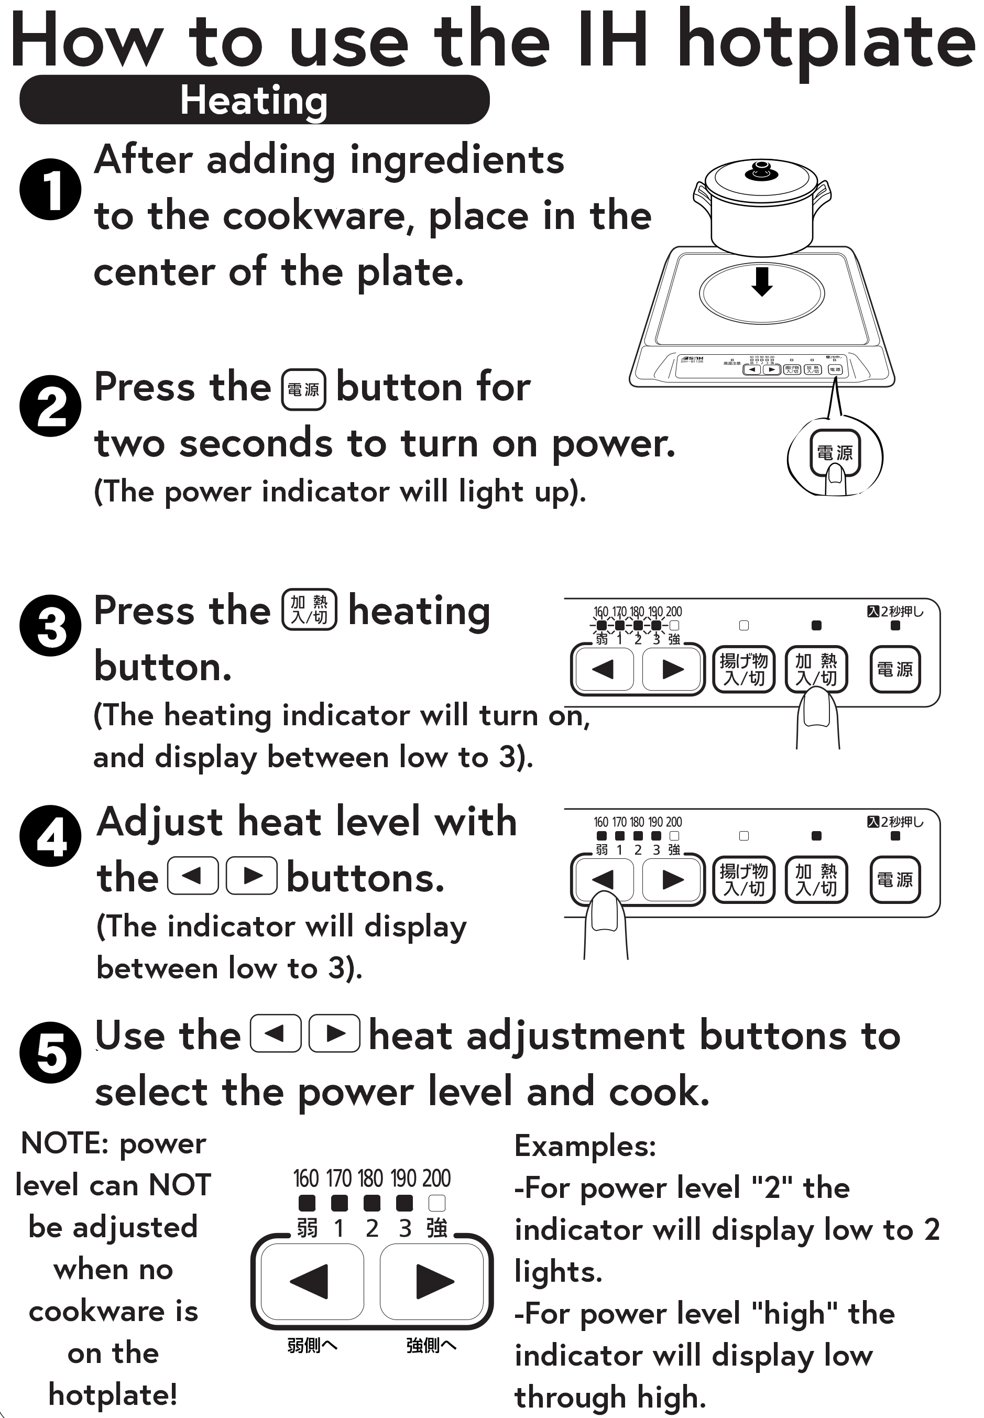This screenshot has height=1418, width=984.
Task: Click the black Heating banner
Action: [254, 100]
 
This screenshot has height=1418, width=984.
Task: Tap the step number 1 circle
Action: [50, 189]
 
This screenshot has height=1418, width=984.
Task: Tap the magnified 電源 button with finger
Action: [835, 454]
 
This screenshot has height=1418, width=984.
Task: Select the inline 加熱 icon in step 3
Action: [309, 609]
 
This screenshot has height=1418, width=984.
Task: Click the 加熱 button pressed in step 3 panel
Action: [816, 670]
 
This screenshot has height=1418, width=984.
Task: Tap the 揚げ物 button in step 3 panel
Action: [744, 670]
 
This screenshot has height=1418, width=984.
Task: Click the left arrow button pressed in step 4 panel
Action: [603, 879]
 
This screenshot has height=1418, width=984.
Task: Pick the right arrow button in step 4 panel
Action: [672, 879]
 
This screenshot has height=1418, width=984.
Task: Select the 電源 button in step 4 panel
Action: [894, 879]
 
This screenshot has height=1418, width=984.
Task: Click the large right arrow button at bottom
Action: [434, 1281]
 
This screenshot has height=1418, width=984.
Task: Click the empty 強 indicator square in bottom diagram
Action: [436, 1203]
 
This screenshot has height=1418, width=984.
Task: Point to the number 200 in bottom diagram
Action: [436, 1178]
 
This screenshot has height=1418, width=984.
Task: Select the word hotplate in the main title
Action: [825, 42]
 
